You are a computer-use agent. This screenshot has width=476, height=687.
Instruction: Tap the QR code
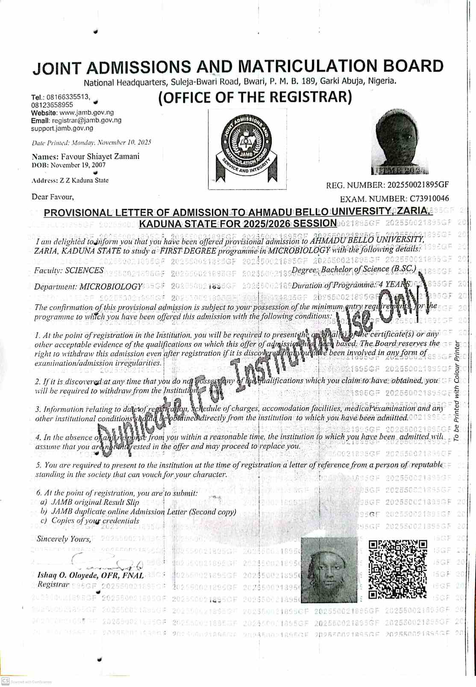[x=398, y=569]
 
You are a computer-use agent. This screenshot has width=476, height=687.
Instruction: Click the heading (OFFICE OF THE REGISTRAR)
[x=255, y=97]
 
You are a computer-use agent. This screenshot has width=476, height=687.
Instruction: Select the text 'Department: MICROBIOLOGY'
[x=88, y=287]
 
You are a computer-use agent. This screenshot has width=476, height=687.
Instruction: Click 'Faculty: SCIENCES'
[x=69, y=270]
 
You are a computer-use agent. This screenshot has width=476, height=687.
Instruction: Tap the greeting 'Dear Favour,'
[x=53, y=197]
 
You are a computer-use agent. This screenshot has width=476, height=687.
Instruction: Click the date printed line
[x=91, y=142]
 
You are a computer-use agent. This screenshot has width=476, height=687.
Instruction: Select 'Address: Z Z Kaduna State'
[x=70, y=181]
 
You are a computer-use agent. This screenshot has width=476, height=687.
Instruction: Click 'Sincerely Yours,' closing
[x=64, y=539]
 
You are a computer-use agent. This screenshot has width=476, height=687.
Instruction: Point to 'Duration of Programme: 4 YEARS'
[x=350, y=285]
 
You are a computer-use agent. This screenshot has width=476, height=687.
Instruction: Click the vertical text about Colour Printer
[x=456, y=391]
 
